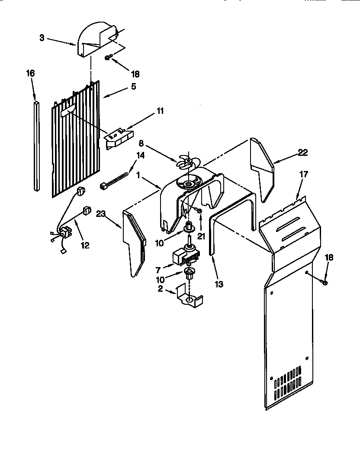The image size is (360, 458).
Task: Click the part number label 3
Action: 42,38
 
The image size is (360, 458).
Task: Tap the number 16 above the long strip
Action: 30,73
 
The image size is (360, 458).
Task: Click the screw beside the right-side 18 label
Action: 325,282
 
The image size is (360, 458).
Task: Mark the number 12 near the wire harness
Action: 85,245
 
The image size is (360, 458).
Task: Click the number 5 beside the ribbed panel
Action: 133,87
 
